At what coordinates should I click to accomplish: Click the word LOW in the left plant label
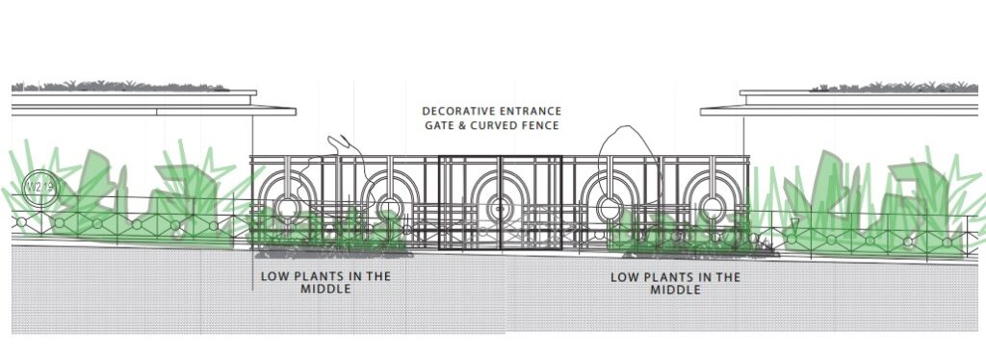pyautogui.click(x=274, y=277)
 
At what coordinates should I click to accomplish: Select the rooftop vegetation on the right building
pyautogui.click(x=886, y=88)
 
